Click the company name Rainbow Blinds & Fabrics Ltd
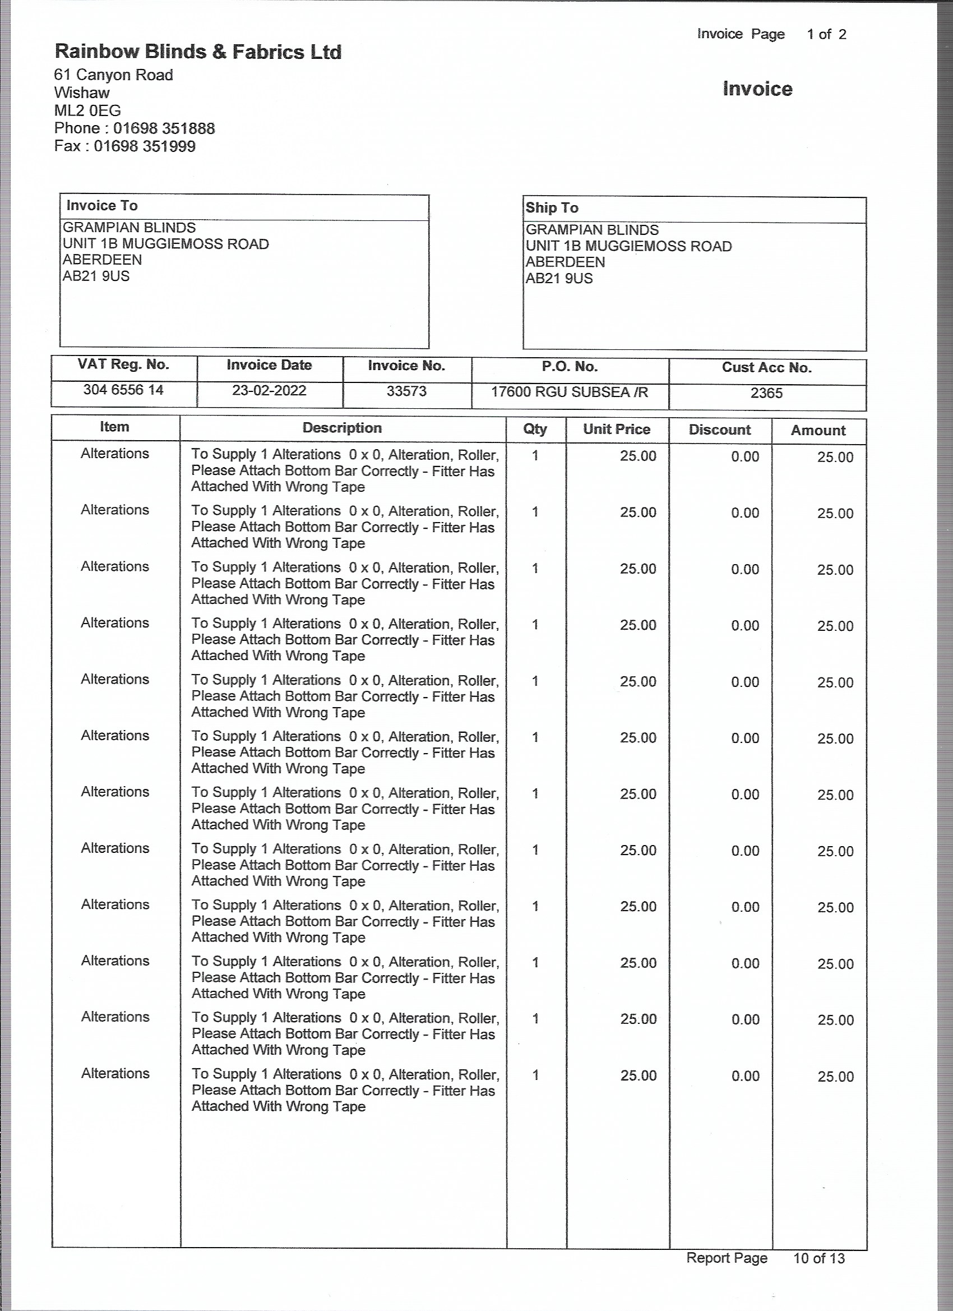click(x=198, y=52)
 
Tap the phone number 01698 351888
click(x=164, y=128)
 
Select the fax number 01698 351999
click(x=145, y=146)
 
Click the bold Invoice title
click(x=757, y=89)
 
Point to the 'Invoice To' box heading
click(x=101, y=206)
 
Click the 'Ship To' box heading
click(x=552, y=208)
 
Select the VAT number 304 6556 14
click(x=123, y=390)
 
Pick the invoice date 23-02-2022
click(x=269, y=391)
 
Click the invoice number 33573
click(x=406, y=391)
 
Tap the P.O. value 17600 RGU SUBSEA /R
click(x=569, y=393)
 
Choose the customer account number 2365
click(x=766, y=394)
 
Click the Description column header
click(x=342, y=428)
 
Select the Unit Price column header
click(x=617, y=430)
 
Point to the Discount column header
click(x=720, y=430)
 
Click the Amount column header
click(x=818, y=431)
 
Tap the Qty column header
click(x=535, y=429)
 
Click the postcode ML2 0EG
click(x=87, y=110)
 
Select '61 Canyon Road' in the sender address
click(x=113, y=75)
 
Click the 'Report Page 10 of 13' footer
click(x=765, y=1258)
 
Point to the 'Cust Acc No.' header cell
click(x=766, y=368)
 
